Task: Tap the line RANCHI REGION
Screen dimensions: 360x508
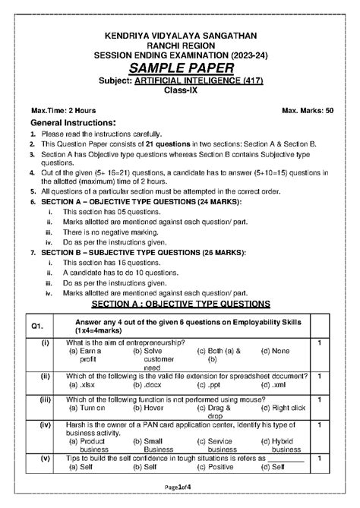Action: pos(179,46)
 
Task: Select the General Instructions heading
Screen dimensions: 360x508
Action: pos(72,123)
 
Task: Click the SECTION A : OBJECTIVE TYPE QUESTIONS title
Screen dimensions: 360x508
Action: pos(180,304)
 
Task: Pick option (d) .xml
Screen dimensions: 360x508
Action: pos(274,385)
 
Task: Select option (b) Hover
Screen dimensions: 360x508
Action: pos(148,408)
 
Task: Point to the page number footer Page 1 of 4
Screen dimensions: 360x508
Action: pos(179,495)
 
